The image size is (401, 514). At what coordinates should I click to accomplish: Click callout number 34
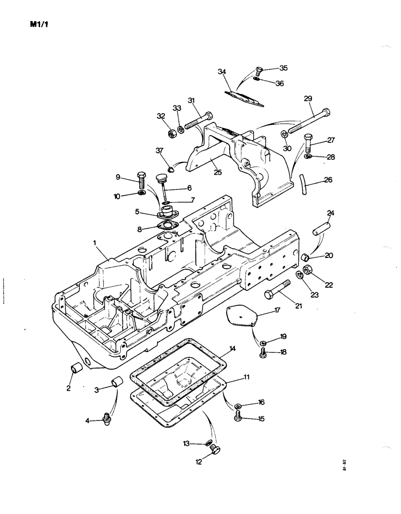[x=222, y=72]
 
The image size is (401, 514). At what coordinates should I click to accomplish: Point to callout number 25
[x=218, y=172]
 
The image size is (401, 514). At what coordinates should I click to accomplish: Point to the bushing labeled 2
[x=77, y=369]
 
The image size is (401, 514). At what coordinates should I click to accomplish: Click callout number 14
[x=232, y=349]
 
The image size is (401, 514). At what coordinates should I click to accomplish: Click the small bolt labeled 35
[x=259, y=70]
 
